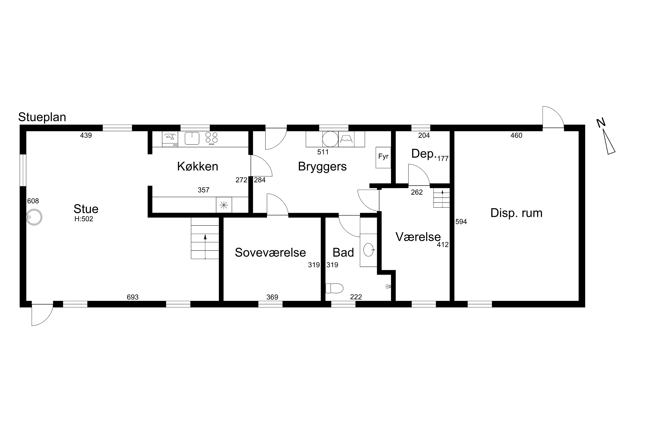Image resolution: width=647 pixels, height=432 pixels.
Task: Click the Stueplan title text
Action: point(42,117)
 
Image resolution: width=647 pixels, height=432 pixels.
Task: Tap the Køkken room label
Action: point(198,166)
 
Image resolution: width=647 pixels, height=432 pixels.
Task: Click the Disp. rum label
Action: point(516,213)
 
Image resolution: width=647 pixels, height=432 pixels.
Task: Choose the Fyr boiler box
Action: point(383,157)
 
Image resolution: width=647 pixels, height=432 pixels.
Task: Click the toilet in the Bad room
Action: point(334,288)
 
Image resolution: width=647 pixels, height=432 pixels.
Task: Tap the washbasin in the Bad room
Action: point(369,250)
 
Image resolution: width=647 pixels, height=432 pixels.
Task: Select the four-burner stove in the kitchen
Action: point(212,138)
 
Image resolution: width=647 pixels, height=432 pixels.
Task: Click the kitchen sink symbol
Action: point(192,138)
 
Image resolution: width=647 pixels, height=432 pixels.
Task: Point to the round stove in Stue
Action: point(34,217)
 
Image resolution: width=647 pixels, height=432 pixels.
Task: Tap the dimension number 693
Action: point(133,297)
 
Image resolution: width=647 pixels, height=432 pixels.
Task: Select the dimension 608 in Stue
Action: point(33,201)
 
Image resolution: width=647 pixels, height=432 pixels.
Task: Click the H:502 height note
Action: point(84,219)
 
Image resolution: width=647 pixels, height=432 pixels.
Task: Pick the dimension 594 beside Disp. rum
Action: point(461,222)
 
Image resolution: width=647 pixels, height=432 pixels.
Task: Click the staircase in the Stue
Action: point(205,238)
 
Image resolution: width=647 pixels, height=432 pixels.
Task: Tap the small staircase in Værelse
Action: point(441,198)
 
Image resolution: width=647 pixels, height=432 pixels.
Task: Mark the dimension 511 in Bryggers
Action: point(323,152)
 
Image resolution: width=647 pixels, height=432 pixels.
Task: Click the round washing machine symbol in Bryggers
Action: point(330,139)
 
